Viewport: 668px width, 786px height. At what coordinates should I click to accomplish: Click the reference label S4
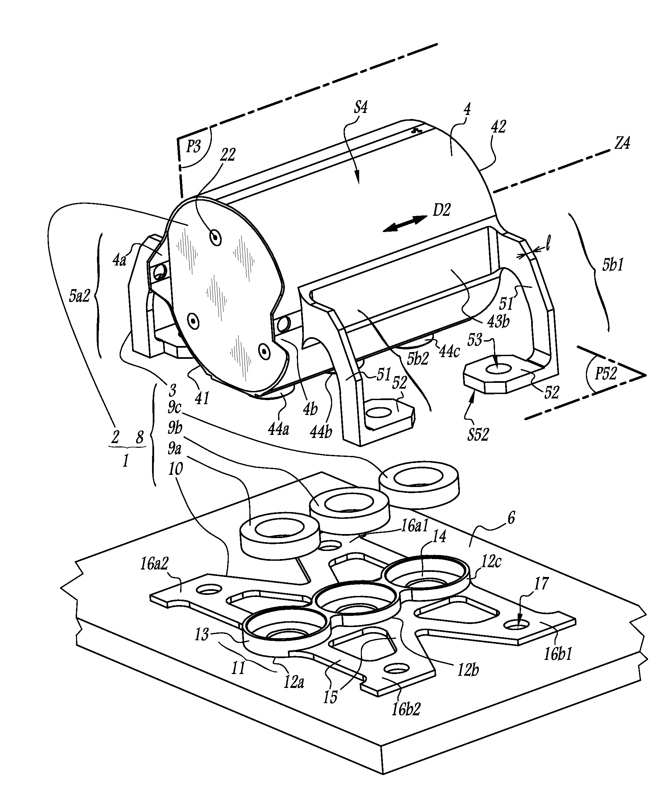coord(361,108)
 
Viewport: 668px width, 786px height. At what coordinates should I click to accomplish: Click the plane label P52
coord(605,374)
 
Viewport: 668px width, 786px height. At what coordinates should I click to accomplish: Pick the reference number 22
coord(228,154)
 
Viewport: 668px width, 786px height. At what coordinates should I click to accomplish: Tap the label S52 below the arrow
coord(478,435)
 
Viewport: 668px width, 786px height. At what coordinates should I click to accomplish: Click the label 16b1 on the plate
coord(558,654)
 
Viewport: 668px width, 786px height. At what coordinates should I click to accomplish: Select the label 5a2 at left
coord(79,296)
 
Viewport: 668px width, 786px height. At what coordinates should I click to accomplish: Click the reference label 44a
coord(278,430)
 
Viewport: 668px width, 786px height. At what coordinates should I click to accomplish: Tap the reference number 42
coord(498,126)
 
